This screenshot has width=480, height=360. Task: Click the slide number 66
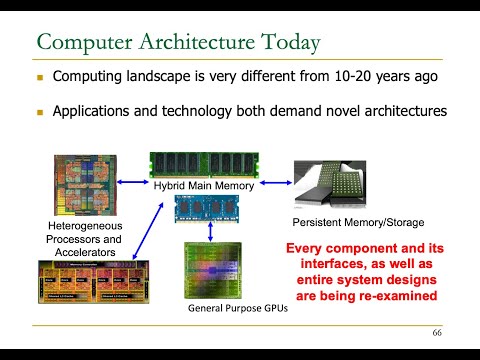437,332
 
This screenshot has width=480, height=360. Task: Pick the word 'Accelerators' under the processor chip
86,253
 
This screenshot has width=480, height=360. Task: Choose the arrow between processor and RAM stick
133,183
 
